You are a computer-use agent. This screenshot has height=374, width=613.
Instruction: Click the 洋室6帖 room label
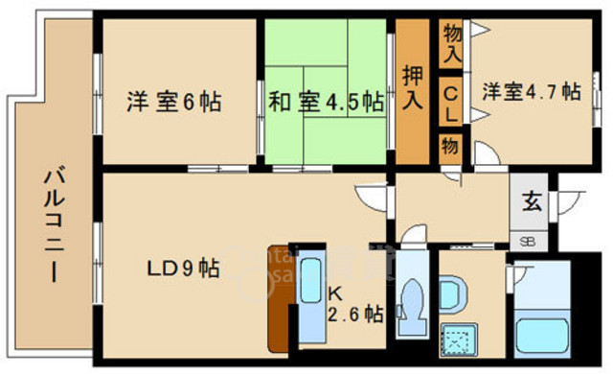pos(173,101)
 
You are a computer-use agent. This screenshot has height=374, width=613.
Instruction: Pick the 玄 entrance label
pos(530,202)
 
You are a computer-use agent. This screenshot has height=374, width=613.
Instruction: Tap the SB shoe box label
pos(528,241)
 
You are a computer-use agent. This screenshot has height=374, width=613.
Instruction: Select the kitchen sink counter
pos(311,297)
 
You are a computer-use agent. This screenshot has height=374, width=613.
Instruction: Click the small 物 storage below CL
pos(451,146)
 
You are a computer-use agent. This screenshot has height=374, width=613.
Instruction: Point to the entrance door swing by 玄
pos(572,203)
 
